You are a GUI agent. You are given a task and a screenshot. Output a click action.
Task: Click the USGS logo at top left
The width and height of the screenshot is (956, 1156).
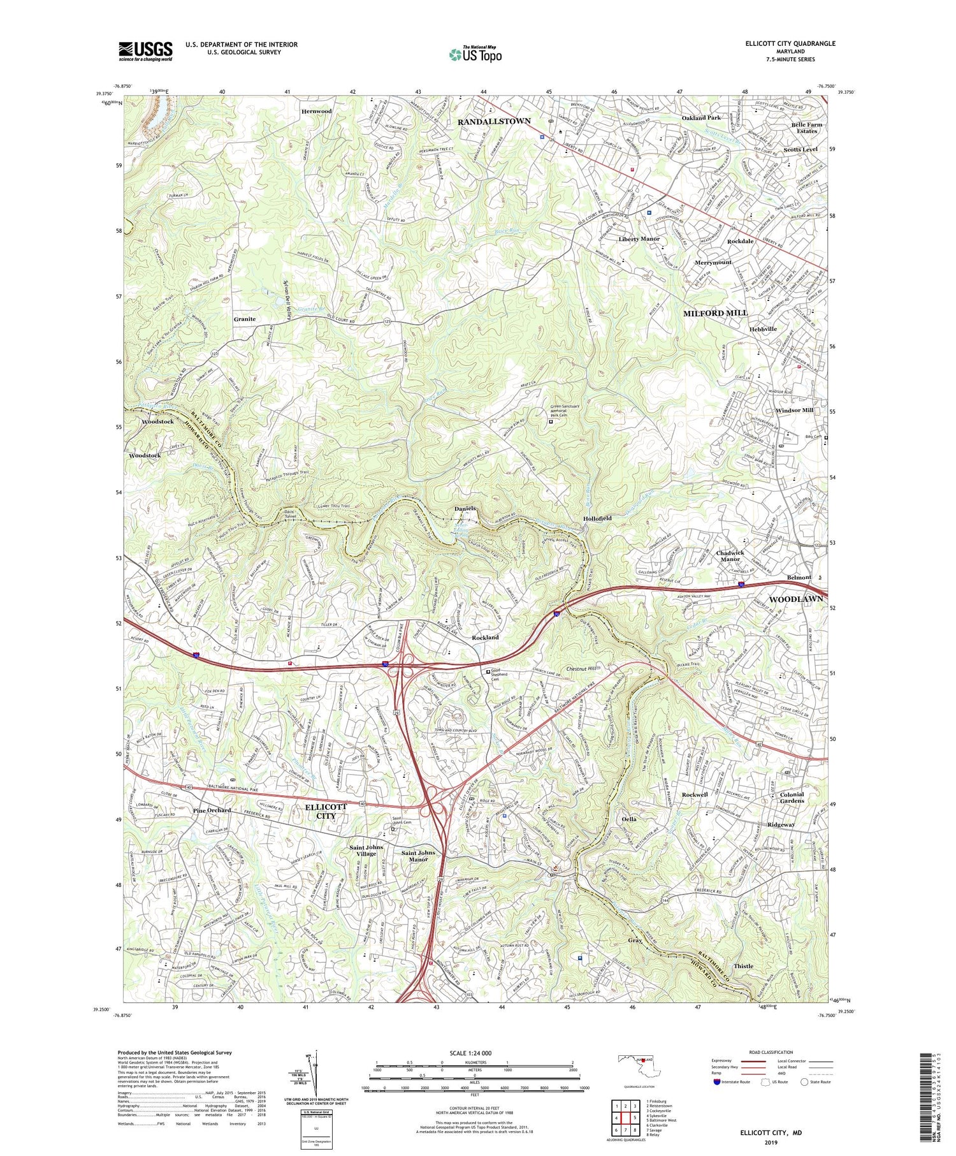coord(145,51)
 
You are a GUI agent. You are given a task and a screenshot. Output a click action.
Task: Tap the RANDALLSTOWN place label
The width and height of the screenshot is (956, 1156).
coord(495,121)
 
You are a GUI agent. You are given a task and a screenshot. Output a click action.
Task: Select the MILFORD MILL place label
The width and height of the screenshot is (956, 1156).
coord(715,313)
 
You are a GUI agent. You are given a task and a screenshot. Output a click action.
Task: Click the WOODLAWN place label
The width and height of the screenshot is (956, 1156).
coord(795,599)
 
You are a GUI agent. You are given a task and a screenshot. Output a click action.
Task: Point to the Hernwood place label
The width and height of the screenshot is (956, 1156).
coord(317,111)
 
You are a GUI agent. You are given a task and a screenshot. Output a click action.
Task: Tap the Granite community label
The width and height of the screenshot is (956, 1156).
coord(244,319)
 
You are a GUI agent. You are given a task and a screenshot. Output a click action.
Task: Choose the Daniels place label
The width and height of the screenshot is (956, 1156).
coord(465,508)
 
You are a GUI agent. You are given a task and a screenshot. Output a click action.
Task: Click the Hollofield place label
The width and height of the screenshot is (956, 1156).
coord(597,518)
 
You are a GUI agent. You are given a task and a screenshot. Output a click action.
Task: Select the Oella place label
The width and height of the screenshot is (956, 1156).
coord(629,819)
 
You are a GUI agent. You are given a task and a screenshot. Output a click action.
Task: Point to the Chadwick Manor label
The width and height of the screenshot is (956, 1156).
coord(730,555)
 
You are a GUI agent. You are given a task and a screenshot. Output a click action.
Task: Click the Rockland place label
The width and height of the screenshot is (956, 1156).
coord(485,637)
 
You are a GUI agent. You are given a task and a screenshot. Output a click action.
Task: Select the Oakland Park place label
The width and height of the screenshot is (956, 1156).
coord(701,118)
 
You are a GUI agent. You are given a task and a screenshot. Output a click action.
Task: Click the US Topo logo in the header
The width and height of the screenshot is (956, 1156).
coord(475,54)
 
